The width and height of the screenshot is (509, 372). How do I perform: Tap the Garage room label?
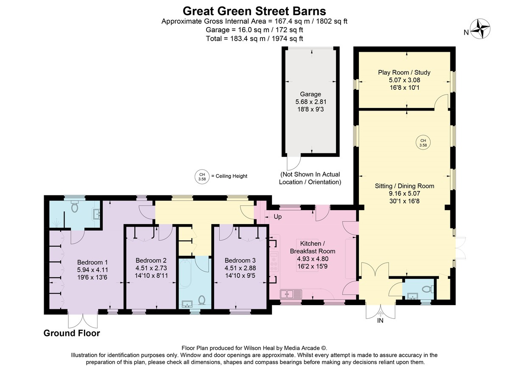(310, 94)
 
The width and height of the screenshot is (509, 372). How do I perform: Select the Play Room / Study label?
(404, 72)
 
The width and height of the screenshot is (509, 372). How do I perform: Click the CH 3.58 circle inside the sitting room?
(423, 143)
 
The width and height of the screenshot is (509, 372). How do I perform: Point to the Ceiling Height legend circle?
(202, 177)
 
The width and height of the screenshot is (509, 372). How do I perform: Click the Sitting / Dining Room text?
(405, 186)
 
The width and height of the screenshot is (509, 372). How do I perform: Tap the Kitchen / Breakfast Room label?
(313, 247)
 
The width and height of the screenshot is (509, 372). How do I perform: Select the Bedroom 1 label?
(92, 262)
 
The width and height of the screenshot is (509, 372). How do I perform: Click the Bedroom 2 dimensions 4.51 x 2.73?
(151, 268)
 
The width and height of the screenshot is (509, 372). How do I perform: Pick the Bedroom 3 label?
(240, 260)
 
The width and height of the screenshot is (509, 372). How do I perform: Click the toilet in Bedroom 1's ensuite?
(75, 206)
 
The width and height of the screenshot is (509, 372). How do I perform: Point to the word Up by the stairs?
(278, 217)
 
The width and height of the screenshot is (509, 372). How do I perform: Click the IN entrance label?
(380, 320)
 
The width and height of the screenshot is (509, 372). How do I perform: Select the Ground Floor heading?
(72, 333)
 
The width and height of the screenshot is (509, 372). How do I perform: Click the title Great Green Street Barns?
(254, 11)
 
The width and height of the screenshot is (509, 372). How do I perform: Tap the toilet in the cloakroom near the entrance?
(428, 289)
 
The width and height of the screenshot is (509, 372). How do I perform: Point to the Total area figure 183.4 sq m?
(248, 39)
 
